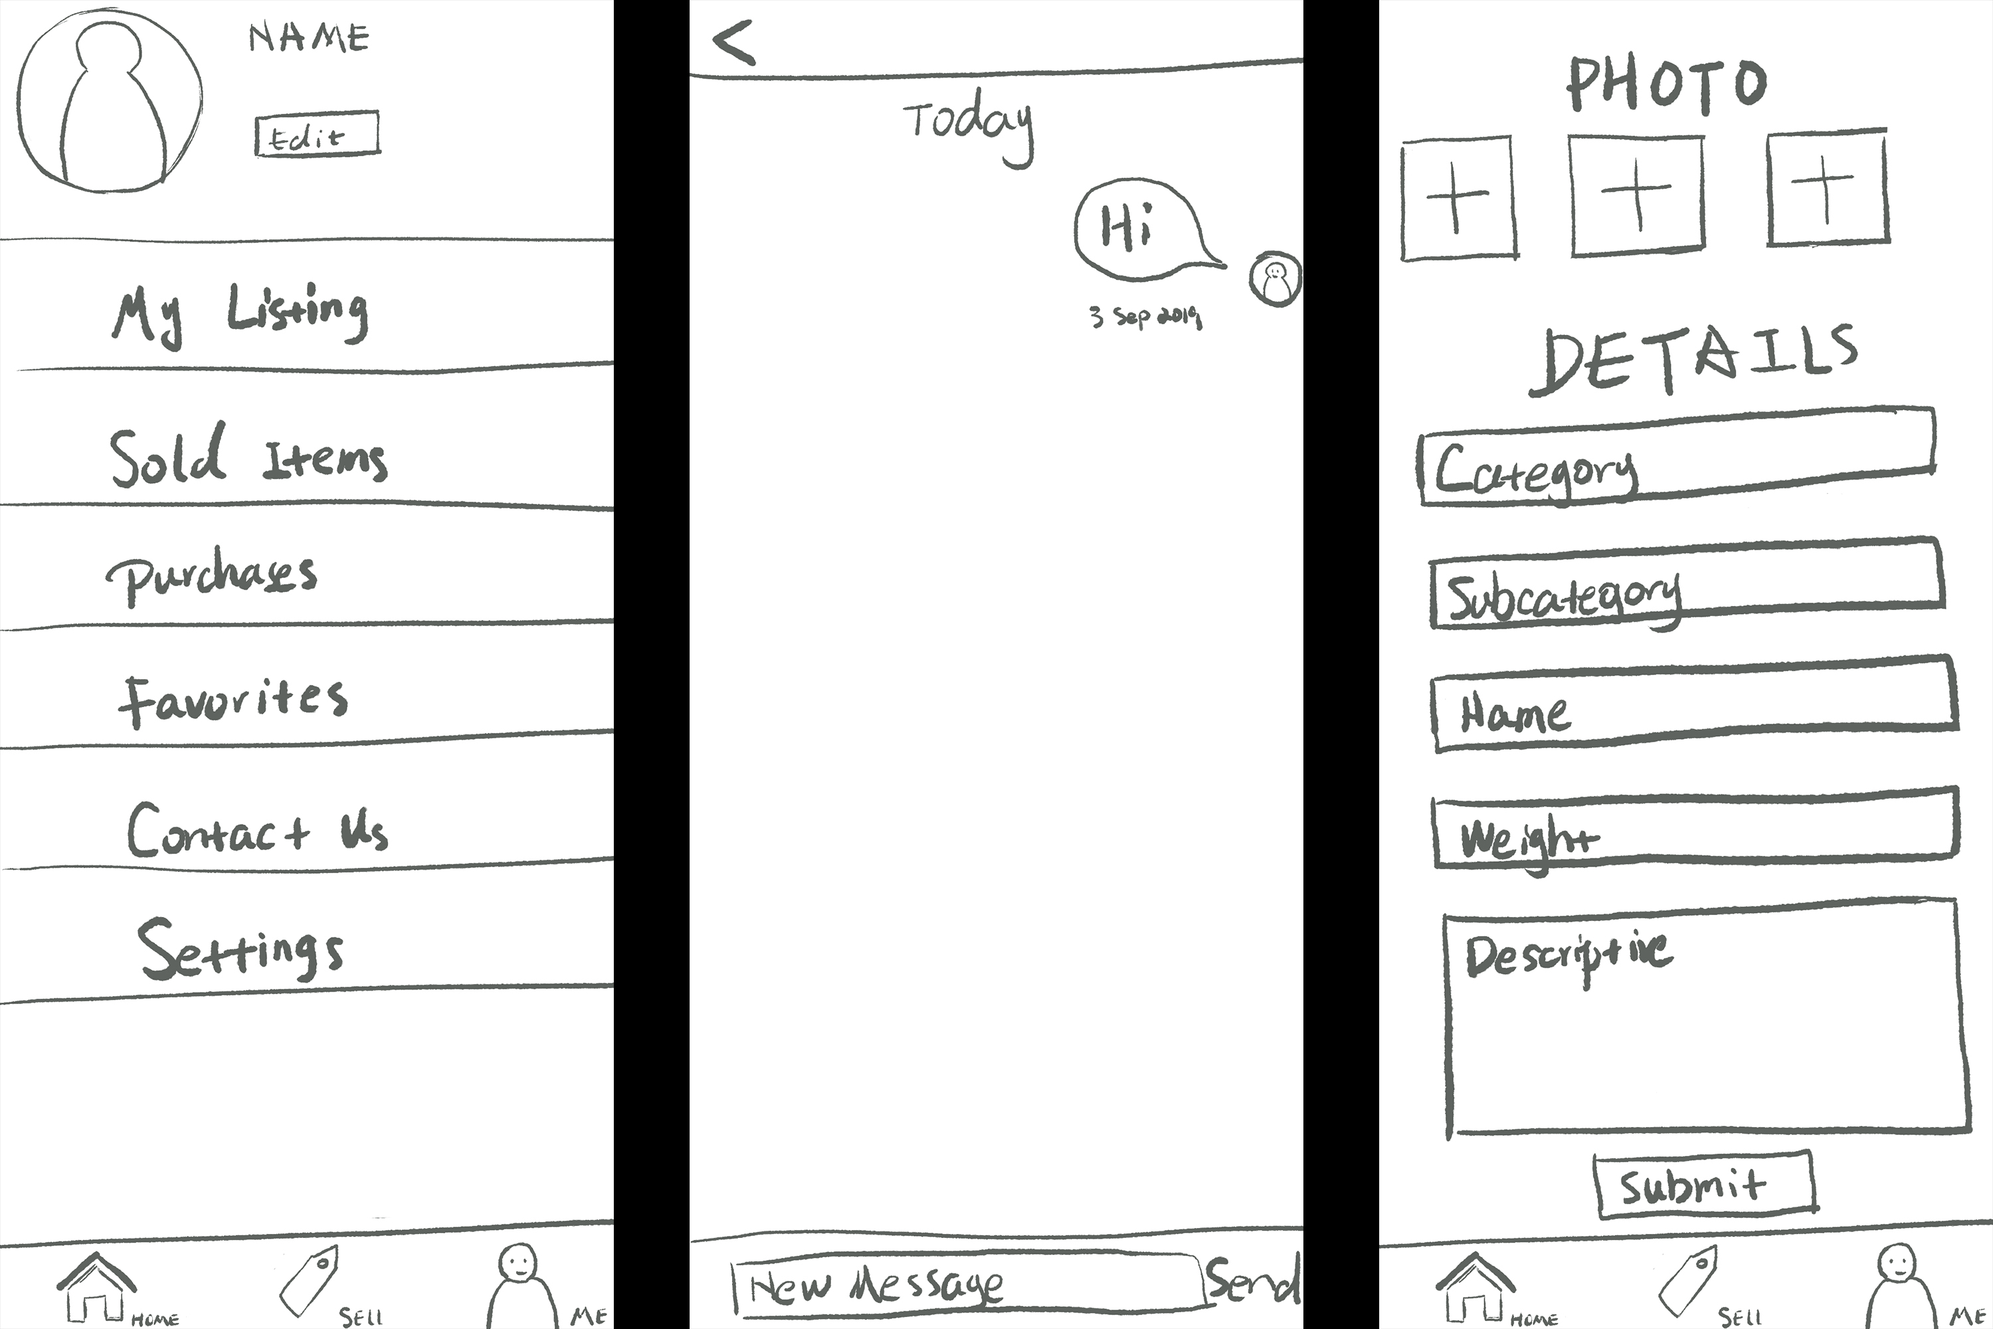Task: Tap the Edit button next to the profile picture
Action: pyautogui.click(x=317, y=134)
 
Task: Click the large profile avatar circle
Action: pyautogui.click(x=110, y=100)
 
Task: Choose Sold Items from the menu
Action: pyautogui.click(x=248, y=456)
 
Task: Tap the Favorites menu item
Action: pyautogui.click(x=233, y=700)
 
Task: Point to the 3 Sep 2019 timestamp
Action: pyautogui.click(x=1145, y=317)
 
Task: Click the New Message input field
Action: pyautogui.click(x=966, y=1285)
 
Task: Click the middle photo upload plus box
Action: pyautogui.click(x=1637, y=195)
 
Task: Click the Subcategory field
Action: pyautogui.click(x=1686, y=585)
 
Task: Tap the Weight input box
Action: pyautogui.click(x=1695, y=831)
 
